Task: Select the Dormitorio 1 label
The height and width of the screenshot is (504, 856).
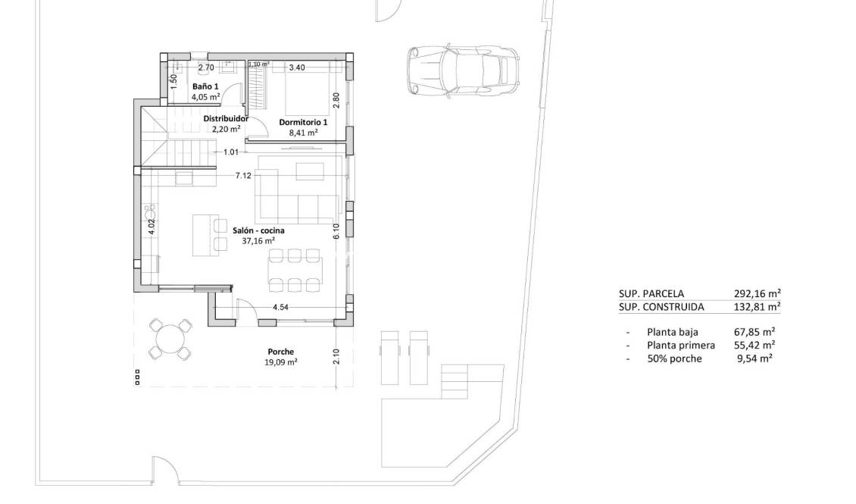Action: (303, 122)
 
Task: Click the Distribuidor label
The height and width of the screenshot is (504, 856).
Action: (226, 119)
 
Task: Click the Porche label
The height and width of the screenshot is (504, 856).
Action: (280, 352)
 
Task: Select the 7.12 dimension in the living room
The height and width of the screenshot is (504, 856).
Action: (243, 175)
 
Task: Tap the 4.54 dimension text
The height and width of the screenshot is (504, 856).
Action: (281, 307)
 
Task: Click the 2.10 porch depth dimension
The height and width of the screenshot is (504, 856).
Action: (336, 356)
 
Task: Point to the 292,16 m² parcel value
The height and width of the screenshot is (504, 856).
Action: (757, 293)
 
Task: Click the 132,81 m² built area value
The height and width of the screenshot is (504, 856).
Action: (757, 307)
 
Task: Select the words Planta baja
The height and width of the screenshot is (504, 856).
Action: (672, 332)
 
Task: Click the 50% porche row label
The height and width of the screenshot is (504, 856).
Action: (674, 358)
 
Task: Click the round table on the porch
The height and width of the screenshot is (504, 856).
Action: (170, 338)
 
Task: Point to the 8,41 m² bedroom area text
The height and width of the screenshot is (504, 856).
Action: (303, 132)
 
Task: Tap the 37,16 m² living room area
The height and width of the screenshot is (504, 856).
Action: (258, 241)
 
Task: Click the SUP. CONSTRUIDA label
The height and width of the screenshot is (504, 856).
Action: (661, 307)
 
